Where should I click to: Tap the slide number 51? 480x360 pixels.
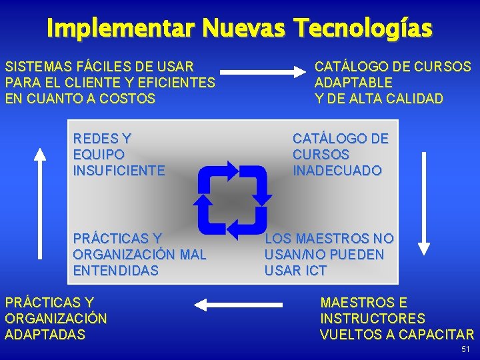pos(465,350)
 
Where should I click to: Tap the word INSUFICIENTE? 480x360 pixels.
pos(119,171)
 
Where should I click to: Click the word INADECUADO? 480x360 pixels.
pos(337,171)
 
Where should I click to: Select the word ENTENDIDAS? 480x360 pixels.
pos(115,271)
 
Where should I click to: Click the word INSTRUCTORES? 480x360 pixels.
pos(373,319)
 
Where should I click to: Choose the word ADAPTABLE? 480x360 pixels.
pos(353,83)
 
